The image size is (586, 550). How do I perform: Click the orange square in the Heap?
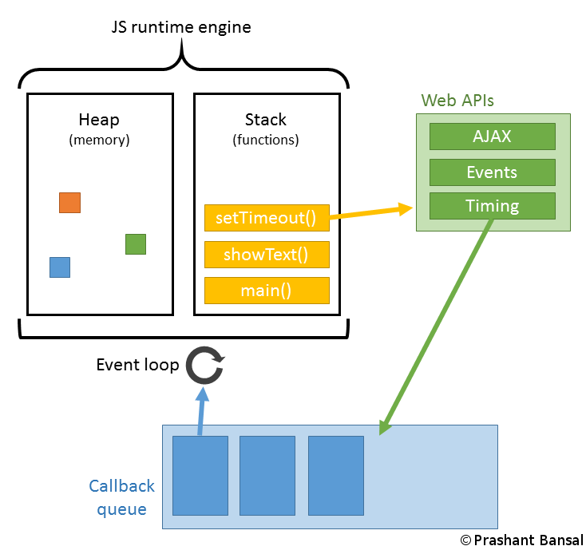click(69, 203)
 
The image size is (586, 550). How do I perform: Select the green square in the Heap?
click(136, 244)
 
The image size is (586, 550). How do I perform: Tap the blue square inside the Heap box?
click(60, 267)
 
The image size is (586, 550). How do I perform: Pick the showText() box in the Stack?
click(267, 255)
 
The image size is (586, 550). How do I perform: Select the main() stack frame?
click(267, 291)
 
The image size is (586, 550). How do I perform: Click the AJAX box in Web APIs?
click(492, 137)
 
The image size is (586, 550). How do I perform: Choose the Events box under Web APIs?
click(492, 172)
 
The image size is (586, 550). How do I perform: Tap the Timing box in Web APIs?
click(492, 206)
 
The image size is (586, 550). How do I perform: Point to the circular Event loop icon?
click(205, 366)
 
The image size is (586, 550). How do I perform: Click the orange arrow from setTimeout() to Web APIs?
click(371, 212)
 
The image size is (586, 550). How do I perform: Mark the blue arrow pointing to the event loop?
click(202, 411)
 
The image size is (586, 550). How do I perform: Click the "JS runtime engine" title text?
click(180, 27)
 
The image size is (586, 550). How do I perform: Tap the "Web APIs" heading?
click(458, 100)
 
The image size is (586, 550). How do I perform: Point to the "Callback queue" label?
click(122, 497)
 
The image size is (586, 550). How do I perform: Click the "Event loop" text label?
click(137, 365)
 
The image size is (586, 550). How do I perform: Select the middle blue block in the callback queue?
click(267, 475)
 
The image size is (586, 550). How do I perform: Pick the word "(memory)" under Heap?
click(99, 140)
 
